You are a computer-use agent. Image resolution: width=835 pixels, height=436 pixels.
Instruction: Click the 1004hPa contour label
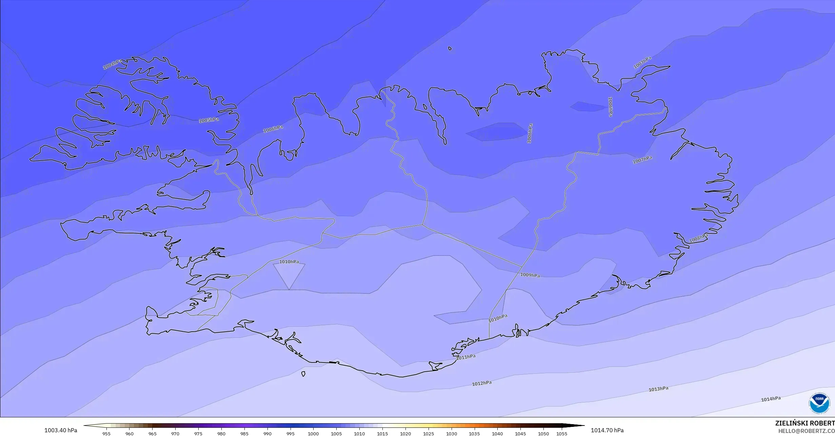pos(112,64)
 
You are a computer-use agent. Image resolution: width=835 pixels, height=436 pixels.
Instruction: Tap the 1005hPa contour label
pos(208,120)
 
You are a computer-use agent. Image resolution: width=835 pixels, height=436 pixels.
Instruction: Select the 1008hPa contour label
pos(698,238)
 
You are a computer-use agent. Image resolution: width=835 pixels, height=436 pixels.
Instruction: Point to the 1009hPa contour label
pos(530,275)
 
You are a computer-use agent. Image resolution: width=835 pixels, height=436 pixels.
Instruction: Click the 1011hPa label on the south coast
pos(466,357)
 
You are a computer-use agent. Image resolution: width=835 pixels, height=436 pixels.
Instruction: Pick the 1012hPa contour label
pos(482,383)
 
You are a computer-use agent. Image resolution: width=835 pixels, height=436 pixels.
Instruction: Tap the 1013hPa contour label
pos(658,389)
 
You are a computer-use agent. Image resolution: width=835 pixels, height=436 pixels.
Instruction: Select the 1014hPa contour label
pos(771,399)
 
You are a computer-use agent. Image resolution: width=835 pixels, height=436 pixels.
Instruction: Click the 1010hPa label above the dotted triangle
pos(289,262)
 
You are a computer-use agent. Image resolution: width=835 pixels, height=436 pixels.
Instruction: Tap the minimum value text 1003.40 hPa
pos(61,430)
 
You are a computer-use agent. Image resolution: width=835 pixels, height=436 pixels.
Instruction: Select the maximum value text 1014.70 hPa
pos(607,430)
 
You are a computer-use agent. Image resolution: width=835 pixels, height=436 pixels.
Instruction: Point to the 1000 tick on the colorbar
pos(313,434)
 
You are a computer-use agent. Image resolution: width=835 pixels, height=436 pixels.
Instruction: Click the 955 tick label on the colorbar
pos(106,434)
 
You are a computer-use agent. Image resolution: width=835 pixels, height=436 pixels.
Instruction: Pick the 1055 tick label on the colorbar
pos(562,434)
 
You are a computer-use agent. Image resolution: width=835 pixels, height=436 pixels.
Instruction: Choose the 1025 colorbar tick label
pos(428,434)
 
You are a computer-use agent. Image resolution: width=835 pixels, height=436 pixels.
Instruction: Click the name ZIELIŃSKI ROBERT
pos(805,423)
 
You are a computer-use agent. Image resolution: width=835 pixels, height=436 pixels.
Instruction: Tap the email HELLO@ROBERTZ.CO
pos(806,431)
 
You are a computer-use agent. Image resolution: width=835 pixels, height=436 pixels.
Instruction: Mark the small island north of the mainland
pos(450,48)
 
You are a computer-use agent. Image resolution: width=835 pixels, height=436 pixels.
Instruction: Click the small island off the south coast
pos(303,374)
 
